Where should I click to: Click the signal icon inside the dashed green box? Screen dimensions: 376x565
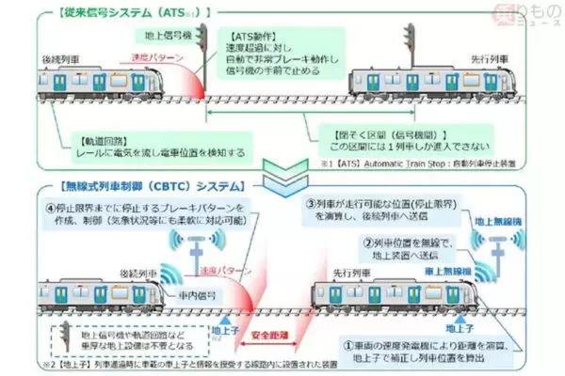(61, 336)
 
